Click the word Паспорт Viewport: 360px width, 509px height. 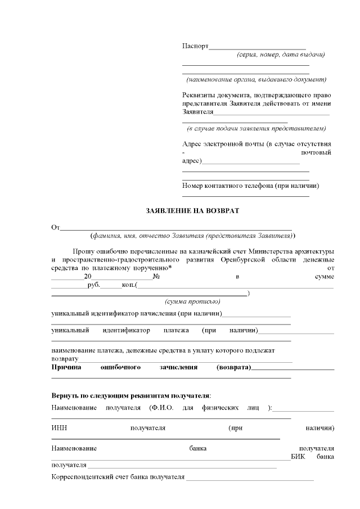click(x=195, y=46)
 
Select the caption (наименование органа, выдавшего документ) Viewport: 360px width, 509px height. click(x=256, y=79)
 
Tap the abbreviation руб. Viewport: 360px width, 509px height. click(x=93, y=286)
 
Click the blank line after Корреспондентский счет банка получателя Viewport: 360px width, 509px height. click(x=250, y=480)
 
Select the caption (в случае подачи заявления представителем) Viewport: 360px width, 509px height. click(x=256, y=128)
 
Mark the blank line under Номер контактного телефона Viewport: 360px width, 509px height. click(x=246, y=196)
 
